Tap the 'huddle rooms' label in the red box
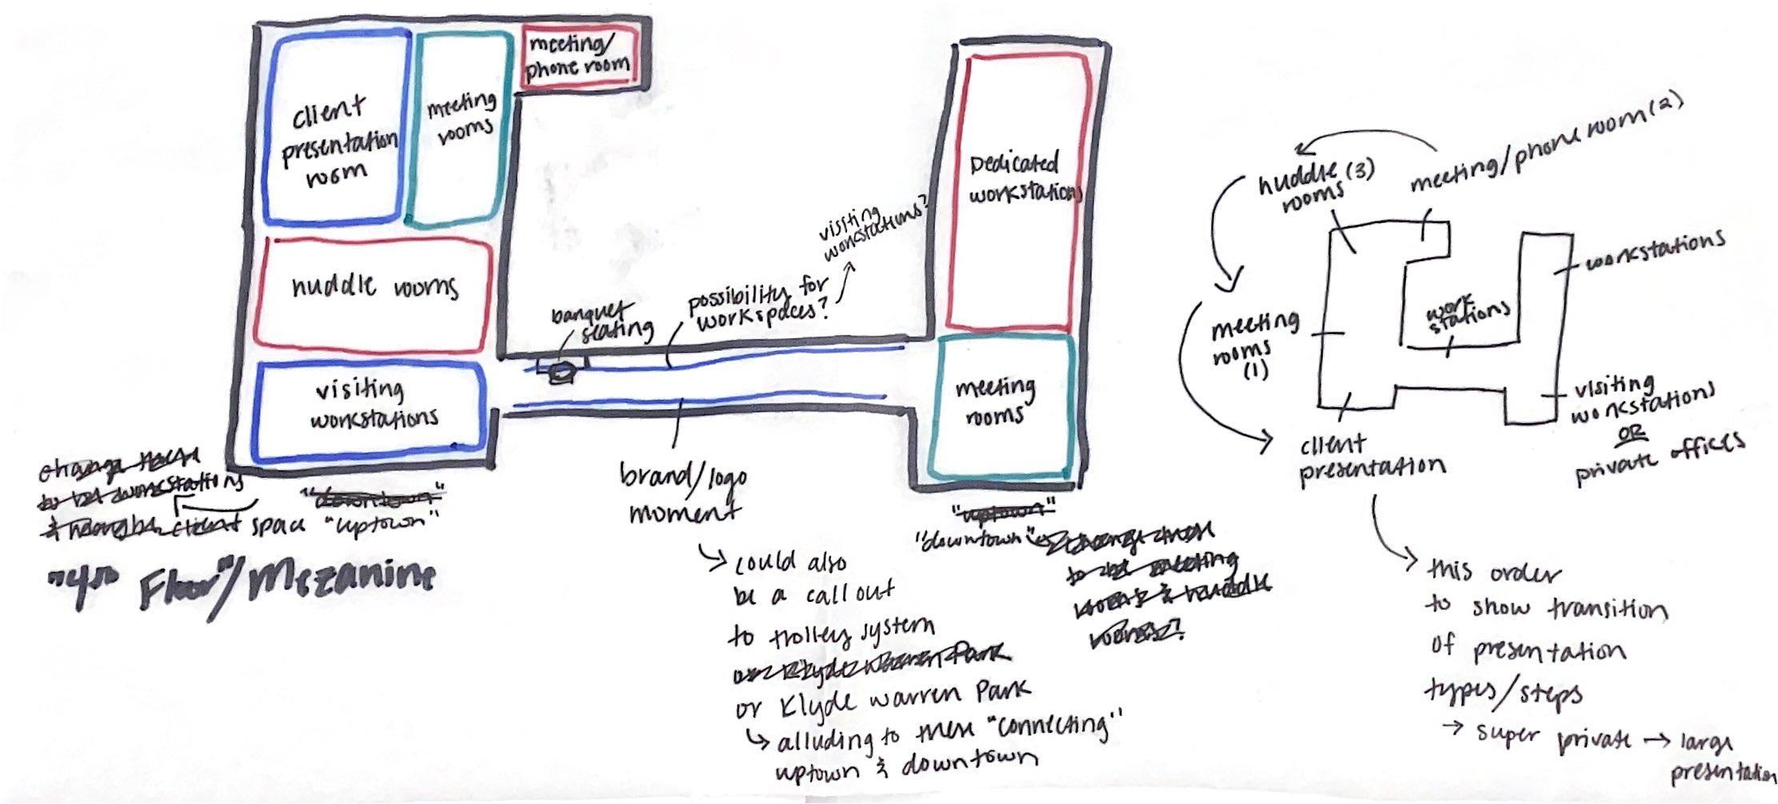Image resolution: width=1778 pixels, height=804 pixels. pos(374,285)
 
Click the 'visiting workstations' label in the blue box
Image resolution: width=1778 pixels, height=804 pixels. pos(371,404)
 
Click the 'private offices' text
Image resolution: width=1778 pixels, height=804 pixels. pos(1660,457)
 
